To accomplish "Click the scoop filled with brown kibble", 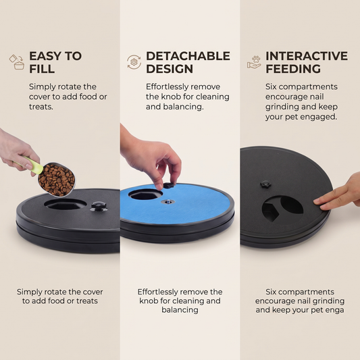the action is [57, 180].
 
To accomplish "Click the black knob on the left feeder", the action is [99, 206].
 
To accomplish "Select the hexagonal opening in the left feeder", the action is [66, 204].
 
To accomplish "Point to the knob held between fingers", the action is [168, 185].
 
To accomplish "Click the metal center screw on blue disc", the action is [168, 202].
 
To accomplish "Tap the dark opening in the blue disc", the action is [145, 195].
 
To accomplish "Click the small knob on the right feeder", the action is [265, 184].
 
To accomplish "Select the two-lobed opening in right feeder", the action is [282, 208].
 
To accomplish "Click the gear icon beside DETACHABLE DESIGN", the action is [134, 62].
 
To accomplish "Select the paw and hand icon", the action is [254, 62].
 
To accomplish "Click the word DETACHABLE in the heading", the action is [188, 56].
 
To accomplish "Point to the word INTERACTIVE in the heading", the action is [307, 56].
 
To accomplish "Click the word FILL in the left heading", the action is [42, 69].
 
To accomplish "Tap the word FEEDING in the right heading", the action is [293, 69].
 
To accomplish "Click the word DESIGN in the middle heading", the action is [170, 69].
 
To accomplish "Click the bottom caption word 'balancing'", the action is [180, 310].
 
